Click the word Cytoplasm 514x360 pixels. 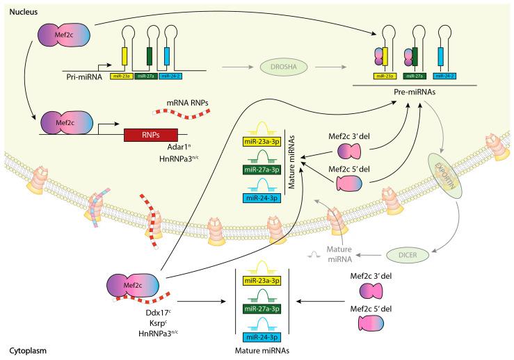pyautogui.click(x=22, y=352)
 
